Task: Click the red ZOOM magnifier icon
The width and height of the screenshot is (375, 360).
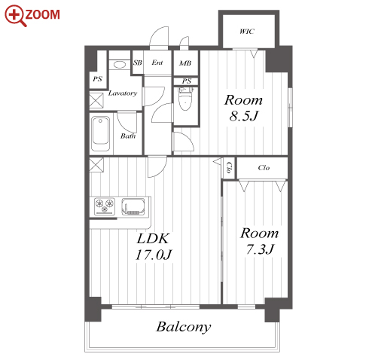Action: point(15,16)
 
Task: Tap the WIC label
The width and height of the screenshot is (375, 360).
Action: point(247,32)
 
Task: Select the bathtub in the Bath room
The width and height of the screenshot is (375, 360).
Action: point(100,133)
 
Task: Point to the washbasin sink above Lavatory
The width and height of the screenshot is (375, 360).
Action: point(120,65)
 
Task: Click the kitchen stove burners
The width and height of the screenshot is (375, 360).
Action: point(105,206)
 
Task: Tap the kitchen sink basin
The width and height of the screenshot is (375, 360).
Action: point(133,206)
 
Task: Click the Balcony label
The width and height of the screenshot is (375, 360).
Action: point(184,327)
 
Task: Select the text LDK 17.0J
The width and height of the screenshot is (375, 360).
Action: point(153,246)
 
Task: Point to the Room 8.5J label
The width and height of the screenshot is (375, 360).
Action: point(243,108)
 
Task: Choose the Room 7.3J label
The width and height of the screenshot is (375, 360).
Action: point(260,241)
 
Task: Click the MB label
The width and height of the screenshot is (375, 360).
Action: point(185,63)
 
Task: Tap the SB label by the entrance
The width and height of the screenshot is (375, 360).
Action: point(138,63)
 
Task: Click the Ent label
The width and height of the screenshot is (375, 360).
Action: point(157,63)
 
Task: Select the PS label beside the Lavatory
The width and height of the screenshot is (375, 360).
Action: point(97,79)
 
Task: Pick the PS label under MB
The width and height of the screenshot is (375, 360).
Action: point(186,81)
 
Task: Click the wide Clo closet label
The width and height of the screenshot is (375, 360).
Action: point(264,168)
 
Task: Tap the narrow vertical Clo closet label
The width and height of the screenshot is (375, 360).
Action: point(229,168)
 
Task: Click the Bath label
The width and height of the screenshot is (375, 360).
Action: point(128,136)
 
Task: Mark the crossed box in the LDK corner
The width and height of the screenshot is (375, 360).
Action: point(96,165)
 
